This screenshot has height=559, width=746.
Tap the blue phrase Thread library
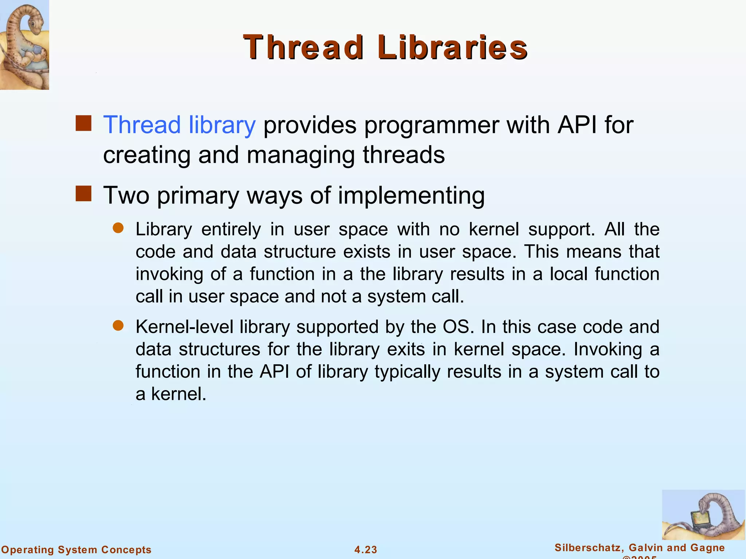180,125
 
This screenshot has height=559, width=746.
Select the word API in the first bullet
577,125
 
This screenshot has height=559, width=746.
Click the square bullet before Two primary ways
83,194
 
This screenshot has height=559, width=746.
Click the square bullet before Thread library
83,123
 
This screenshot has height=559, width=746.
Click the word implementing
411,196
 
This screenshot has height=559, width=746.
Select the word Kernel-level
184,327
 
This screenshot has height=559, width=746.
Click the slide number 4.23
366,550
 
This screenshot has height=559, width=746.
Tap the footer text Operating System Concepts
76,550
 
